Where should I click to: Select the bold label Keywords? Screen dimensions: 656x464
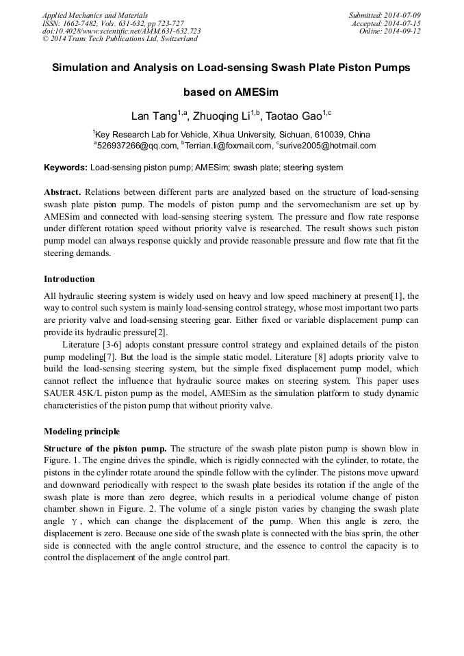tap(66, 168)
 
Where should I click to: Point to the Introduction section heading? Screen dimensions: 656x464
tap(69, 279)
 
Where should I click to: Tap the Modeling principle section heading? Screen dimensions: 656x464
tap(81, 432)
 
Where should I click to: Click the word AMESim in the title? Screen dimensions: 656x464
tap(256, 92)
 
